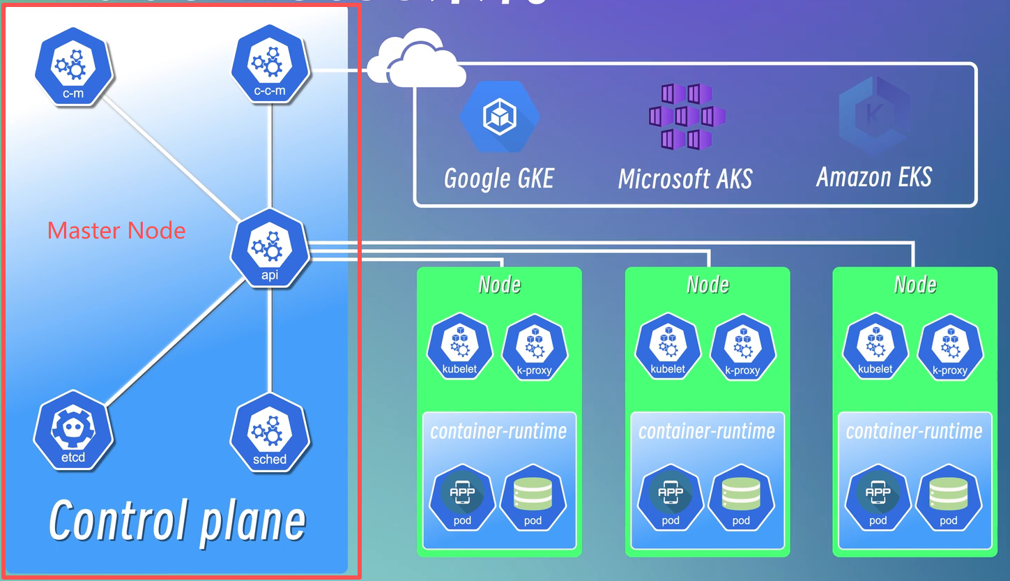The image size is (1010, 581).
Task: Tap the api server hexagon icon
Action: [270, 248]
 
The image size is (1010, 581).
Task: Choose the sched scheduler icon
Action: [270, 433]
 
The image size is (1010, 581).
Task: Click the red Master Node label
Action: [116, 230]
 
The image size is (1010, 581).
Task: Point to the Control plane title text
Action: [177, 520]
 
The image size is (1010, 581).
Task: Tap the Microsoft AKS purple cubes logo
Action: [687, 117]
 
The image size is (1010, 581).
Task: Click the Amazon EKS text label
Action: [874, 177]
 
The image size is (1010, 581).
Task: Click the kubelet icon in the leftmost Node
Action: [461, 346]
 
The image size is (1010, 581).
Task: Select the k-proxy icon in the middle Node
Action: [742, 347]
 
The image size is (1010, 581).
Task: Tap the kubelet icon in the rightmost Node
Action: [875, 346]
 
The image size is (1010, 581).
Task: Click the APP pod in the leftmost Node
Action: [462, 497]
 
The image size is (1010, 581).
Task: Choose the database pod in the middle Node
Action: [741, 497]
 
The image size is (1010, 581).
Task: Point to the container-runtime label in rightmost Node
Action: [914, 431]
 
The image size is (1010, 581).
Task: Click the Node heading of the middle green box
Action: [707, 285]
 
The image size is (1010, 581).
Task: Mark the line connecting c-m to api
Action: [171, 155]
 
